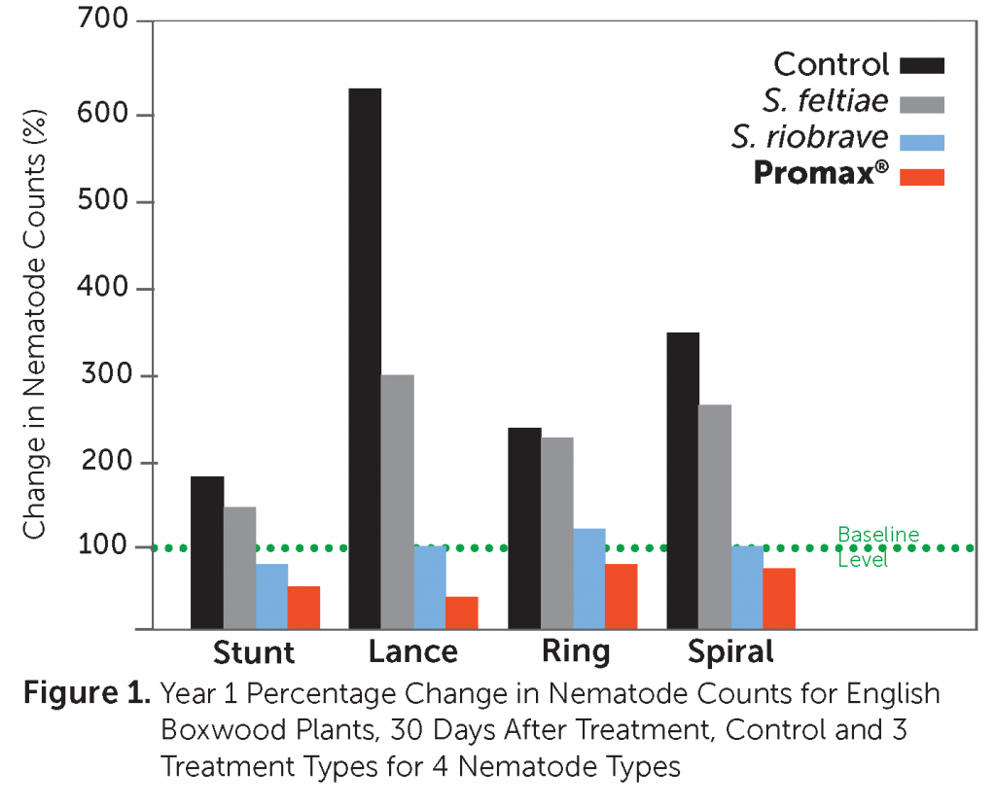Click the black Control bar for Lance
point(365,359)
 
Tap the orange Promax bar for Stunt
point(303,608)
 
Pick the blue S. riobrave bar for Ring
point(589,578)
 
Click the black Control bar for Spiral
point(683,480)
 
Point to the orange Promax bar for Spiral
point(779,598)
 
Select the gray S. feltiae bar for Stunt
point(239,568)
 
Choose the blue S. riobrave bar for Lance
point(430,587)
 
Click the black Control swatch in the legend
point(922,65)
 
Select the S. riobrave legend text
point(810,138)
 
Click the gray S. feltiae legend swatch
point(922,102)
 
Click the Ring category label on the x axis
point(576,650)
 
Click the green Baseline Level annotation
point(877,547)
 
